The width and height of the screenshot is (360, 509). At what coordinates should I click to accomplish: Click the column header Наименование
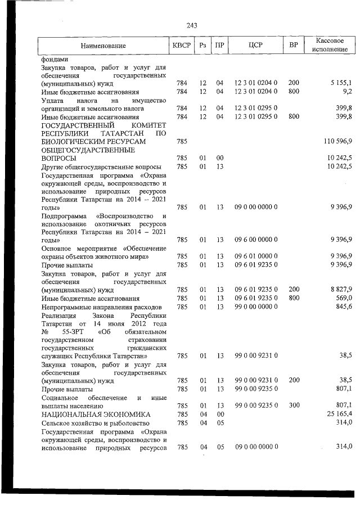tap(103, 45)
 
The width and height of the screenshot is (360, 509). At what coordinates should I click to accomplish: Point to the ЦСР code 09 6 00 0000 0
tap(256, 240)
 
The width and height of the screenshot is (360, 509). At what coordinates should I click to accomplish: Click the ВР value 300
tap(293, 405)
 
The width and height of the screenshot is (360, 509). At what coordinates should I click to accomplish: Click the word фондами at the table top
tap(54, 58)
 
